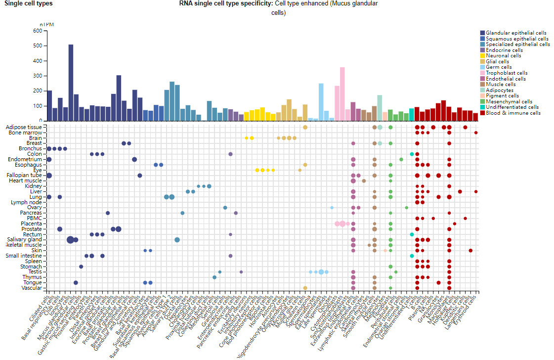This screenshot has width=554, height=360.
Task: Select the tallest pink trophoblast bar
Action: (342, 94)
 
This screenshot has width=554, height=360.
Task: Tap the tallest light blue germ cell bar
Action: (321, 102)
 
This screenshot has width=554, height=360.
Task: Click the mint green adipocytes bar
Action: (380, 108)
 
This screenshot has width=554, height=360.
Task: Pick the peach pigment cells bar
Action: (385, 116)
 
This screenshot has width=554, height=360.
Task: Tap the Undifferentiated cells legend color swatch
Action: (482, 107)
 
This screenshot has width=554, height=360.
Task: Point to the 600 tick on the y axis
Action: (37, 31)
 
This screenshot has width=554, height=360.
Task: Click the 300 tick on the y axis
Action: (37, 76)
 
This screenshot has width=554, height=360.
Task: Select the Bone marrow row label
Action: (29, 133)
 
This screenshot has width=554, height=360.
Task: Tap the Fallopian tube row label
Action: (28, 175)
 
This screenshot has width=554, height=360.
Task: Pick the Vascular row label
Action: (32, 288)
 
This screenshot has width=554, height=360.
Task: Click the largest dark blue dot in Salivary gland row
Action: (70, 240)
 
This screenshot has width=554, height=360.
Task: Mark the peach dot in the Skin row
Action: (385, 250)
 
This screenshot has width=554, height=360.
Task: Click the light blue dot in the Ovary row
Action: (332, 208)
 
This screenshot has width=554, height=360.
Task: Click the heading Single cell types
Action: (28, 3)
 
